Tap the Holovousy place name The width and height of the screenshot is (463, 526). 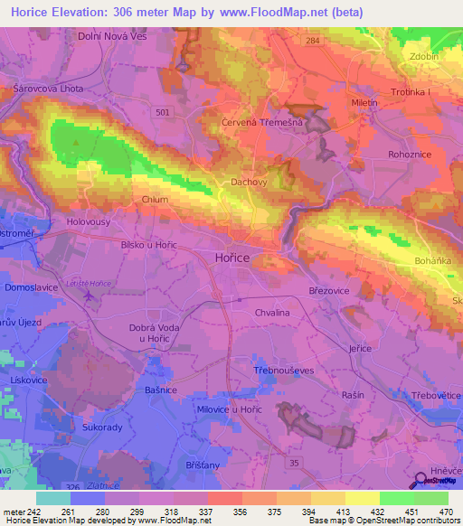pyautogui.click(x=90, y=221)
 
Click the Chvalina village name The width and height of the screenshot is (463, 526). pyautogui.click(x=271, y=312)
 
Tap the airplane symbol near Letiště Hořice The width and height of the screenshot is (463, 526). pyautogui.click(x=89, y=295)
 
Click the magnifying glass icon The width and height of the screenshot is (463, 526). pyautogui.click(x=420, y=481)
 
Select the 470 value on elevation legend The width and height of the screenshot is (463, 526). pyautogui.click(x=447, y=512)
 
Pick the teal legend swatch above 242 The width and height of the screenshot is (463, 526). pyautogui.click(x=52, y=498)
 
